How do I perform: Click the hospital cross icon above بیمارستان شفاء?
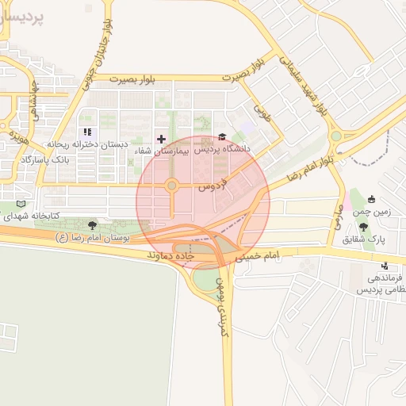pyautogui.click(x=162, y=139)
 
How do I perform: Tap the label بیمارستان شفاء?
pyautogui.click(x=162, y=150)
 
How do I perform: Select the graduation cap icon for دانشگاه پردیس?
pyautogui.click(x=222, y=137)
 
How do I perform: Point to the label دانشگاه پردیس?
pyautogui.click(x=223, y=148)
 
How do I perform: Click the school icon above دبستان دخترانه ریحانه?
pyautogui.click(x=86, y=132)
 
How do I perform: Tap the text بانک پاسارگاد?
pyautogui.click(x=47, y=159)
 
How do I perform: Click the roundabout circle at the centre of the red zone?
pyautogui.click(x=170, y=187)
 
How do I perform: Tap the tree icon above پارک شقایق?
pyautogui.click(x=364, y=227)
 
